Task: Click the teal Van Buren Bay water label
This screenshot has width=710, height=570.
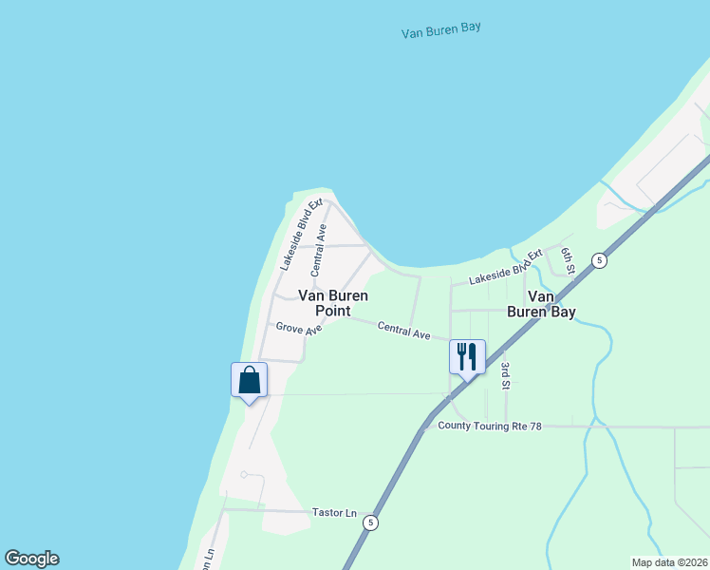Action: (441, 29)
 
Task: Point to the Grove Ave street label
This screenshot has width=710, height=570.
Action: (299, 328)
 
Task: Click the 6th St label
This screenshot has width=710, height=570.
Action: (568, 260)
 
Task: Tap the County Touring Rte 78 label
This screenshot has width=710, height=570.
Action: (489, 427)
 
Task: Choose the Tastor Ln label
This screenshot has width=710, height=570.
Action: (334, 513)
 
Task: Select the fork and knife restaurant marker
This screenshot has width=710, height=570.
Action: (467, 357)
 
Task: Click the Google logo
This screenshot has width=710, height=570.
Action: (31, 559)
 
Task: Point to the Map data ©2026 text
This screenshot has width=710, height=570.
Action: (669, 562)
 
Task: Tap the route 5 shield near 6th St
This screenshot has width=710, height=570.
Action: (598, 260)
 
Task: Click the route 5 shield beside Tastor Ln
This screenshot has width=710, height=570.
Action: (371, 522)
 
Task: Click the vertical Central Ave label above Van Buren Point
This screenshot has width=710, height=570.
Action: (320, 250)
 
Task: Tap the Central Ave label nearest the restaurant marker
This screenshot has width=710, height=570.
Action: (403, 332)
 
